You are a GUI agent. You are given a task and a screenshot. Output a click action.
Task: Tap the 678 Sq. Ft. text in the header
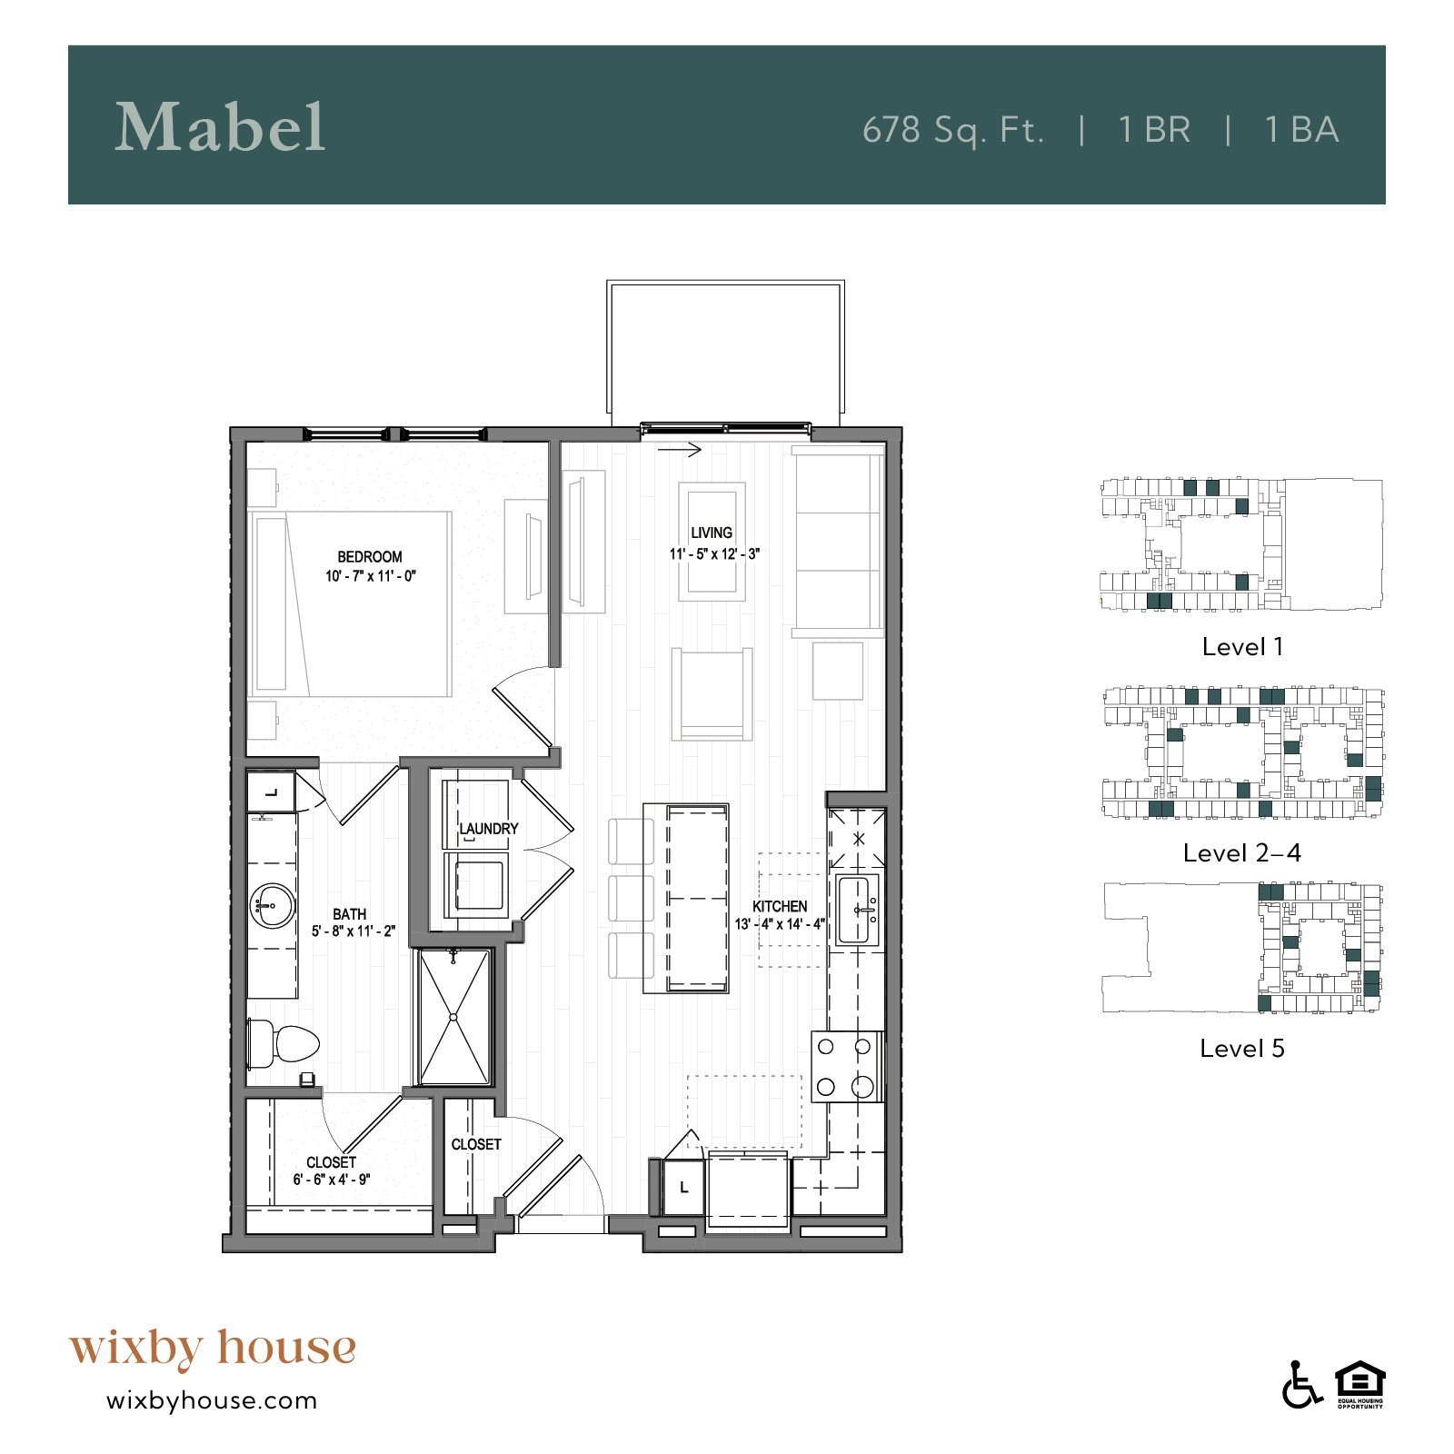tap(952, 130)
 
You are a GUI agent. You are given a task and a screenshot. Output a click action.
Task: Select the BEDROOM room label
tap(369, 556)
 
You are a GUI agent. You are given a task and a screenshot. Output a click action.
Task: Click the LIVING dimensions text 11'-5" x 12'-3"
tap(714, 553)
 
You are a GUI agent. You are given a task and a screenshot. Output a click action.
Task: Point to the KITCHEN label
tap(780, 906)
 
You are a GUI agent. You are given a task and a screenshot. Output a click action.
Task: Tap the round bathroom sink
tap(272, 906)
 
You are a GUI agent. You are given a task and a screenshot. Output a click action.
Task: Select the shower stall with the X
tap(453, 1017)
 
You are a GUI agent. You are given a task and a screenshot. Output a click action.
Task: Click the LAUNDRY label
tap(488, 829)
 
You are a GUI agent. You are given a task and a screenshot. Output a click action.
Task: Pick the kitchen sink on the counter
tap(858, 910)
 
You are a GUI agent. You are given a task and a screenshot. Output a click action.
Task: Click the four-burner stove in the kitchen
tap(846, 1067)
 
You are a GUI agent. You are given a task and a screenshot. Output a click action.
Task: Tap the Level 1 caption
tap(1242, 647)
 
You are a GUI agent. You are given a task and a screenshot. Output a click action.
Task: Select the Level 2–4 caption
tap(1242, 853)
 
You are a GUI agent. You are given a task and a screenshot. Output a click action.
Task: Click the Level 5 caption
tap(1242, 1049)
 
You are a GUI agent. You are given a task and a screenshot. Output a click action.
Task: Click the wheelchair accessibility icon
tap(1301, 1386)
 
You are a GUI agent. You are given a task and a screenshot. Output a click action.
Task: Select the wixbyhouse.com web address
tap(212, 1400)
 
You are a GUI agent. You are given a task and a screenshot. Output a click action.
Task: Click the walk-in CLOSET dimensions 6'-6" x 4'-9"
tap(331, 1180)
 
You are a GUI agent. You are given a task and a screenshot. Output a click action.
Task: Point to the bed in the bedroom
tap(350, 604)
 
